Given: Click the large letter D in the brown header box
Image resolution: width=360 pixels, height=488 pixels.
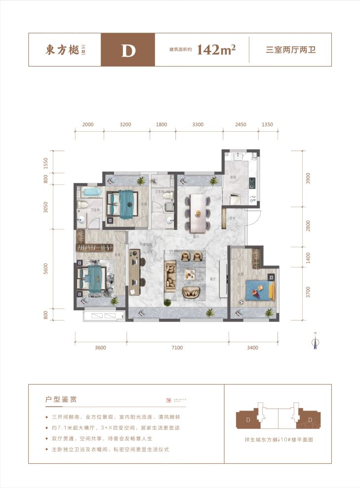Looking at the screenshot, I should coord(128,50).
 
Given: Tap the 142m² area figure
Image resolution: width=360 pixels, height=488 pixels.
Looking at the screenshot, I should coord(216,50).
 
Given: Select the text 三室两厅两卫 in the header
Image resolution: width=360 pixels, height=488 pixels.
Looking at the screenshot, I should coord(290,50).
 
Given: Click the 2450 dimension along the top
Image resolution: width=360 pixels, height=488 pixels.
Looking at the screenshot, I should coord(240,125).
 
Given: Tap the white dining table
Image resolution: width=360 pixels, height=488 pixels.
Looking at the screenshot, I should coord(198,213).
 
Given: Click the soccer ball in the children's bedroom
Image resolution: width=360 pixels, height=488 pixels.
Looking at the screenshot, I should coord(240,301).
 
